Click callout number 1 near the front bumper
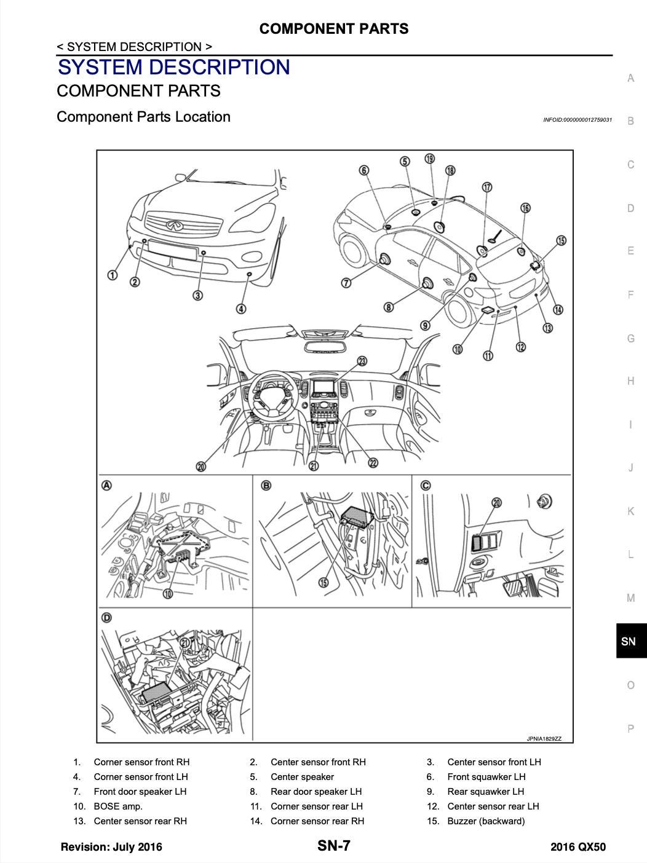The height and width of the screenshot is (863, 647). click(x=113, y=275)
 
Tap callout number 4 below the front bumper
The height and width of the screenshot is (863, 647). click(x=241, y=309)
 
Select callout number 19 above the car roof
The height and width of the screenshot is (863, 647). click(x=430, y=159)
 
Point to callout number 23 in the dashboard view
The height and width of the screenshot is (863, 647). click(x=362, y=361)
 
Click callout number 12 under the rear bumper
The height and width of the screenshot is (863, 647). click(x=521, y=347)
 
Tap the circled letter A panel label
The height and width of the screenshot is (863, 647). click(x=106, y=486)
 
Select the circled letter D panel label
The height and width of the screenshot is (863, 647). click(x=106, y=618)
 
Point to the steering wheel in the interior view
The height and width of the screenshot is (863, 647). click(x=271, y=397)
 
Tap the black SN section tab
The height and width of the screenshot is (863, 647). click(x=631, y=641)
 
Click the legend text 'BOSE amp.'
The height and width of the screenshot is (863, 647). click(x=118, y=806)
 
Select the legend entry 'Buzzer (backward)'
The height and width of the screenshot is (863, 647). click(x=486, y=821)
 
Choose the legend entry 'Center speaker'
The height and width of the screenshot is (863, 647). click(x=302, y=777)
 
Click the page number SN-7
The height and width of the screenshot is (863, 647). click(x=333, y=845)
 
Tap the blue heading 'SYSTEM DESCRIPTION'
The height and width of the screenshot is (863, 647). click(x=174, y=67)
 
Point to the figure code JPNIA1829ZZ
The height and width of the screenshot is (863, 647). click(x=544, y=739)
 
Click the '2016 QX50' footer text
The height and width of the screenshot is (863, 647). click(x=578, y=847)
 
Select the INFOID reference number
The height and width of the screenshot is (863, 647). click(x=578, y=120)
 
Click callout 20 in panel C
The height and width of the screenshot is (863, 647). click(x=497, y=502)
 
